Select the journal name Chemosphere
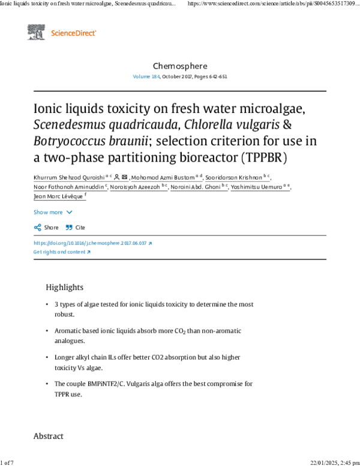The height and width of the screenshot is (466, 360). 180,65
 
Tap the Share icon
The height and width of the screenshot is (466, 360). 38,228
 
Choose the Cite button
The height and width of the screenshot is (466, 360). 76,228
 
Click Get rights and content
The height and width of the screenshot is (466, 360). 59,252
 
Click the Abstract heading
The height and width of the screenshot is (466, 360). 48,436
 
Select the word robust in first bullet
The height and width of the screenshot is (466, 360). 64,314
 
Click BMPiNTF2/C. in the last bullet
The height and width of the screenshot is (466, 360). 113,384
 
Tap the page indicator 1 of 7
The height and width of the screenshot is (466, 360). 7,462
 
